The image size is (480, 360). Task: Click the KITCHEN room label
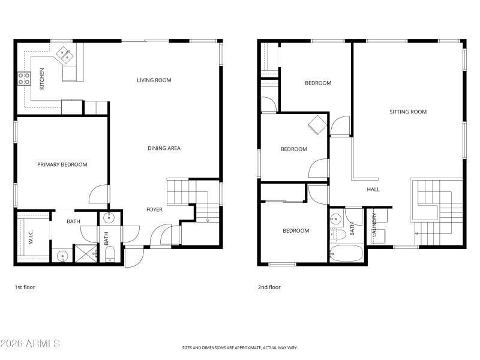pos(42,79)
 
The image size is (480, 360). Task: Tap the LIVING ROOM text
pos(154,80)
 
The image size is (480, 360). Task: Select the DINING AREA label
pos(164,148)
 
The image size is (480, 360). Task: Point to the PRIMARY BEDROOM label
pos(62,164)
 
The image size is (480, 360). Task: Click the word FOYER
pos(154,209)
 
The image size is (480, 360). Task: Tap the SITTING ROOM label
pos(408,112)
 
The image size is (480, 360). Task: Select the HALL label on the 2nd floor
pos(373,189)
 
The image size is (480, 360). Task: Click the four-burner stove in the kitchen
pos(25,78)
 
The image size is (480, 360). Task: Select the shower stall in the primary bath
pos(85,254)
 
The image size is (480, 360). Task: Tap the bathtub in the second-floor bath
pos(347,253)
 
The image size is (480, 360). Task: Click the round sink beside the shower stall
pos(62,256)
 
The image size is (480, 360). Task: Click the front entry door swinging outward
pos(134,256)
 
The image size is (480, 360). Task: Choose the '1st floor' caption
pos(25,287)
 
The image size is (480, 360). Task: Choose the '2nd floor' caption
pos(269,287)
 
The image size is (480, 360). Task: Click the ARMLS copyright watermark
pos(30,344)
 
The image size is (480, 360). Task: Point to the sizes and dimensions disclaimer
pos(240,347)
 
